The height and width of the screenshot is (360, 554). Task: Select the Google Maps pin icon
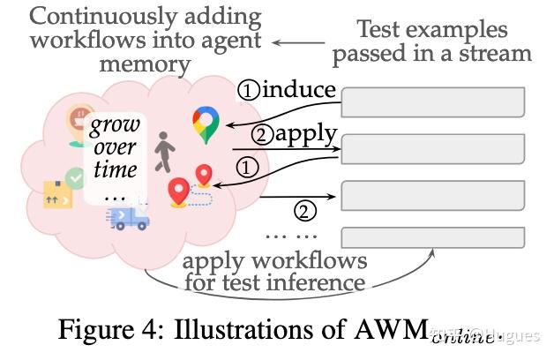[x=206, y=124]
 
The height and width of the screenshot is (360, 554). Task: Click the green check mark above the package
[x=77, y=177]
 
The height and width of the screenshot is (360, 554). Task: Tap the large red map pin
[x=180, y=192]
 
